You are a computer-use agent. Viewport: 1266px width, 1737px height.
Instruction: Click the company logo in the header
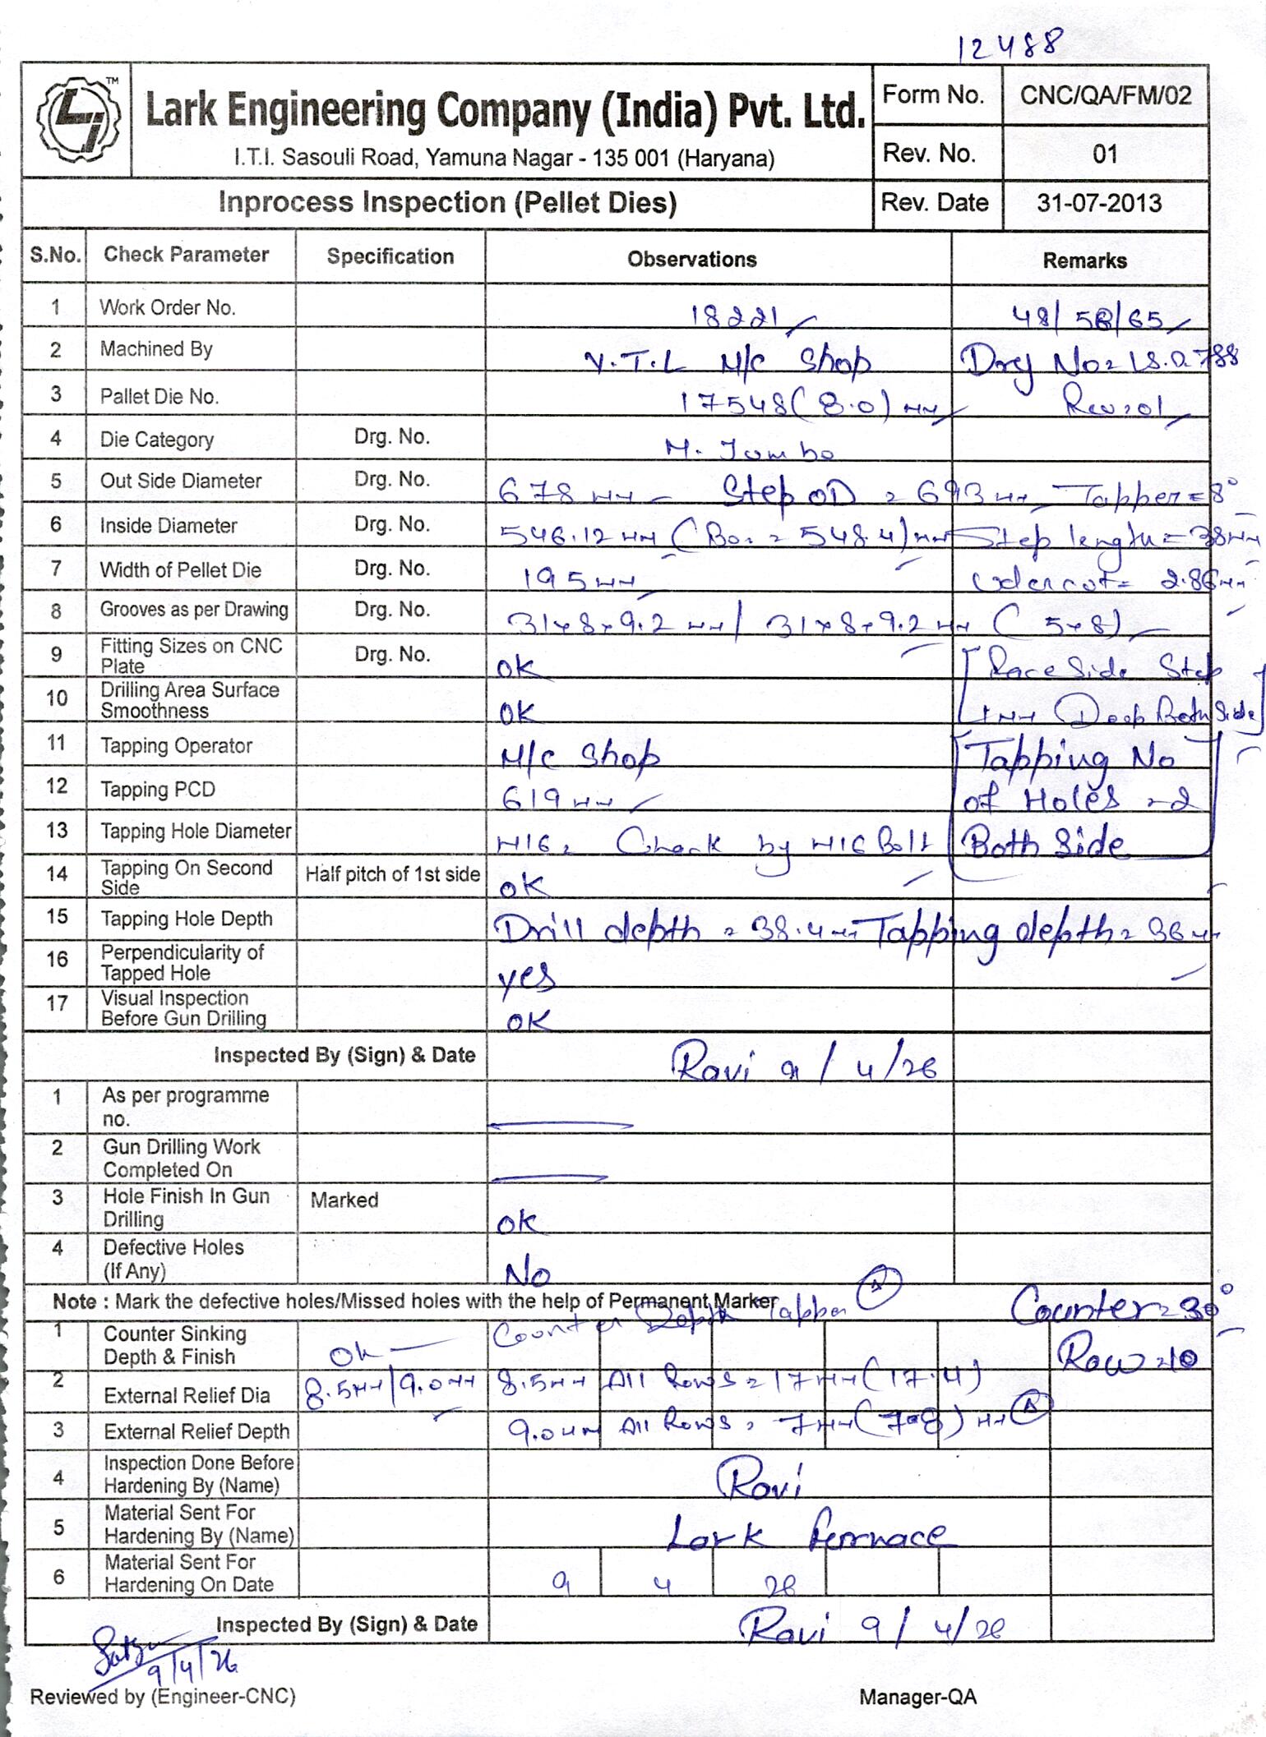click(78, 119)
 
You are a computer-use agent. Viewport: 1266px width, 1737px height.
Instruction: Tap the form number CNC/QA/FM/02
click(1106, 95)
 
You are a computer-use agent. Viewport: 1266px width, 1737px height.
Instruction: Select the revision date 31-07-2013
click(1099, 203)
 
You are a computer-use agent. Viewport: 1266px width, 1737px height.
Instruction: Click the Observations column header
click(691, 260)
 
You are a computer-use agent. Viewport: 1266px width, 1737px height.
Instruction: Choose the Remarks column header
click(1084, 261)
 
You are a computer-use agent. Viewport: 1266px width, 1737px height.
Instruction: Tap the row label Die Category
click(156, 440)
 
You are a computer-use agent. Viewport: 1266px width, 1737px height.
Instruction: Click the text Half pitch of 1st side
click(392, 874)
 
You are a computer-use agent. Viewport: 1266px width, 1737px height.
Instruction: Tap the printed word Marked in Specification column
click(344, 1200)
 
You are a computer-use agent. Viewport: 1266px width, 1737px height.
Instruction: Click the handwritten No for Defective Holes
click(527, 1274)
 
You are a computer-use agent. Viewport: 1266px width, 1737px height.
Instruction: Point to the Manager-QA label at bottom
click(917, 1696)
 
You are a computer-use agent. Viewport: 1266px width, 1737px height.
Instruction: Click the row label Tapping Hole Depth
click(186, 919)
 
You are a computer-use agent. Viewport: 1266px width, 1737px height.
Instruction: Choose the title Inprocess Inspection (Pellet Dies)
click(447, 203)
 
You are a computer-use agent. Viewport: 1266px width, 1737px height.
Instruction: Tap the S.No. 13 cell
click(56, 830)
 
